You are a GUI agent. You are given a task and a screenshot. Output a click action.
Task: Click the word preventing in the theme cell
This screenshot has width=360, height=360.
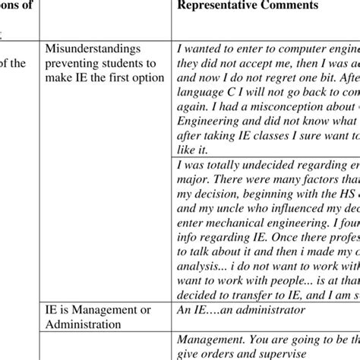coord(73,64)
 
